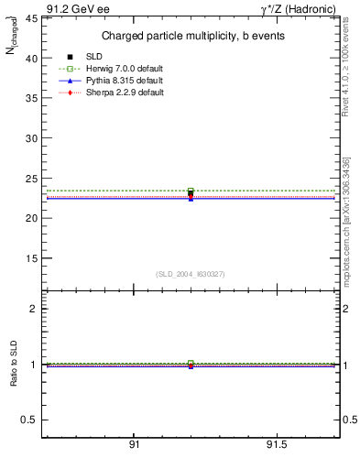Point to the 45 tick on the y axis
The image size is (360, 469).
tap(31, 17)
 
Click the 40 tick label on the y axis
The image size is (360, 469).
tap(31, 58)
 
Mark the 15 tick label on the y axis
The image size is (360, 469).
tap(31, 258)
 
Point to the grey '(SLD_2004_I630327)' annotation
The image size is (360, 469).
tap(190, 274)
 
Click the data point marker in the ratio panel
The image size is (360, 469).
tap(191, 365)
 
